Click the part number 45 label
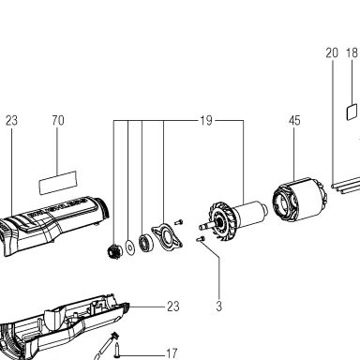[294, 121]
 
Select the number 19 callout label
[206, 120]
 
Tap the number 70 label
[58, 120]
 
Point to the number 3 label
[219, 306]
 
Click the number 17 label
[171, 354]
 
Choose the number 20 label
[332, 52]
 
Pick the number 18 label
[352, 52]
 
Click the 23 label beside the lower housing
[173, 307]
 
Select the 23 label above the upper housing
[11, 120]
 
